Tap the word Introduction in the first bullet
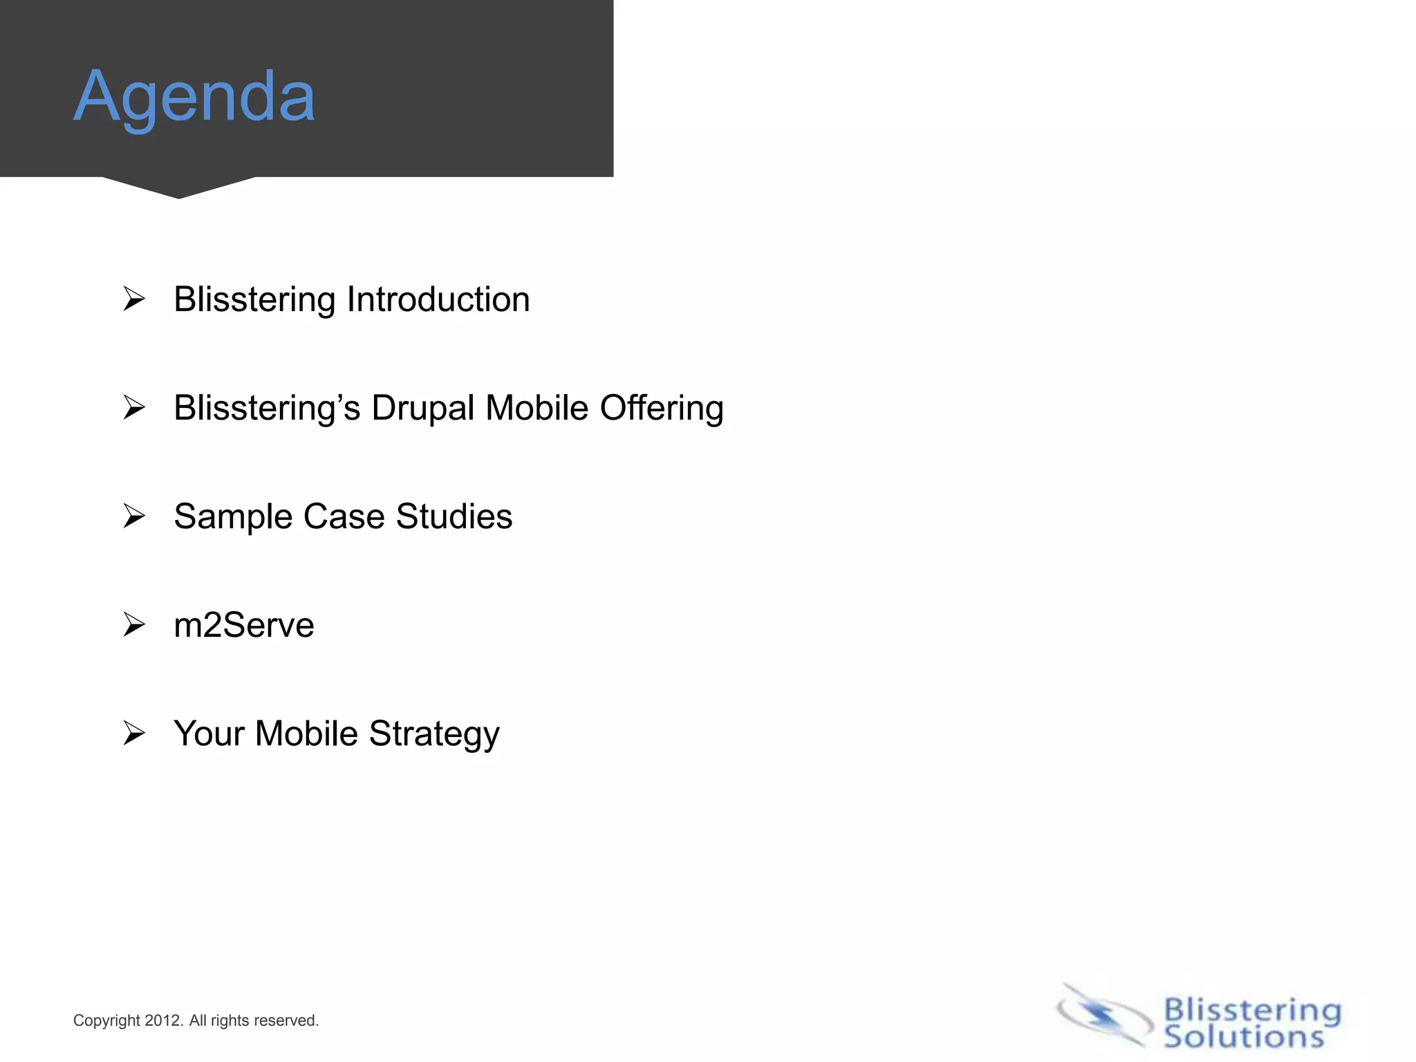coord(438,299)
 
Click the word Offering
coord(662,408)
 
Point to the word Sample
coord(233,517)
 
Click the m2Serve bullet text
coord(244,625)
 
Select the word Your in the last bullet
coord(209,734)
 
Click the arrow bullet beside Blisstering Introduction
coord(134,299)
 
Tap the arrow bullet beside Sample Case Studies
coord(134,516)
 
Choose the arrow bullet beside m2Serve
coord(134,625)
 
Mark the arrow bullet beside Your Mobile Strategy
coord(134,734)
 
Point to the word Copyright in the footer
coord(106,1021)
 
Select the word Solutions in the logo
coord(1244,1037)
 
